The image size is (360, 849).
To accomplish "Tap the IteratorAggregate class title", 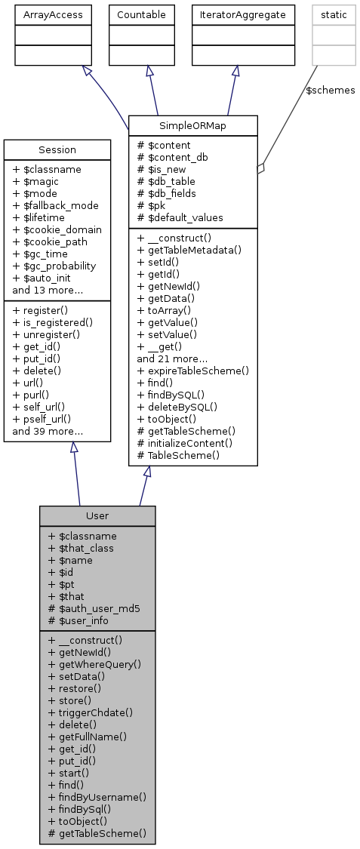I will pyautogui.click(x=242, y=14).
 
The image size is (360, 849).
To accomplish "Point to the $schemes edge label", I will pyautogui.click(x=330, y=90).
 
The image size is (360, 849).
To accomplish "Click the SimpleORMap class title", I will pyautogui.click(x=193, y=125).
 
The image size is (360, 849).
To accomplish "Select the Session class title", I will pyautogui.click(x=57, y=149).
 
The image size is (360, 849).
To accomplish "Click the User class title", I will pyautogui.click(x=97, y=515).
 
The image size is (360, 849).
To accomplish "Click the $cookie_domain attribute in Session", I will pyautogui.click(x=57, y=229).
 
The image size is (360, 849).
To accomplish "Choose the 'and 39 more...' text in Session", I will pyautogui.click(x=48, y=432).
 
